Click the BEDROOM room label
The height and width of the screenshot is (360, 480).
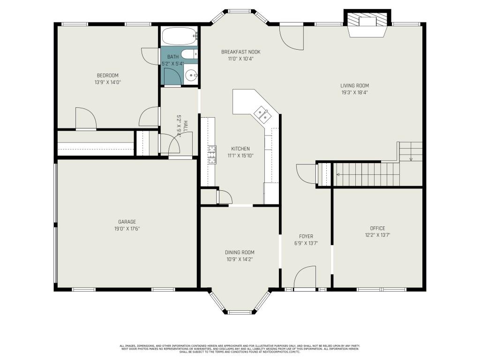tap(107, 75)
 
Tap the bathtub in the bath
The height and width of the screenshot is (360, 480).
tap(179, 36)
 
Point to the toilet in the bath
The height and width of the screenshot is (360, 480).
tap(189, 54)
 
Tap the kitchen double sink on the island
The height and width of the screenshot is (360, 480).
tap(261, 113)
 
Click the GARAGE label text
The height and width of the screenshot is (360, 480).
tap(127, 222)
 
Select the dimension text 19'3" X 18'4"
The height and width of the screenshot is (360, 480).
tap(354, 93)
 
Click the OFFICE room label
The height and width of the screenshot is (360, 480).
tap(377, 228)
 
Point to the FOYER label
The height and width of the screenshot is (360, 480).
tap(306, 236)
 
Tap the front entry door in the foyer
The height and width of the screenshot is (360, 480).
tap(305, 277)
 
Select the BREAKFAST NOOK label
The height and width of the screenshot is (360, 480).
tap(240, 52)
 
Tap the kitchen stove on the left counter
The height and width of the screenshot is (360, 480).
tap(212, 155)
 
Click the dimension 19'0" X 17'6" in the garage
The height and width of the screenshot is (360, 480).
tap(127, 229)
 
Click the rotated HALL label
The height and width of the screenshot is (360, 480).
tap(186, 125)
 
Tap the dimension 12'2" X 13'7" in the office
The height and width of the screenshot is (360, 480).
tap(377, 235)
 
